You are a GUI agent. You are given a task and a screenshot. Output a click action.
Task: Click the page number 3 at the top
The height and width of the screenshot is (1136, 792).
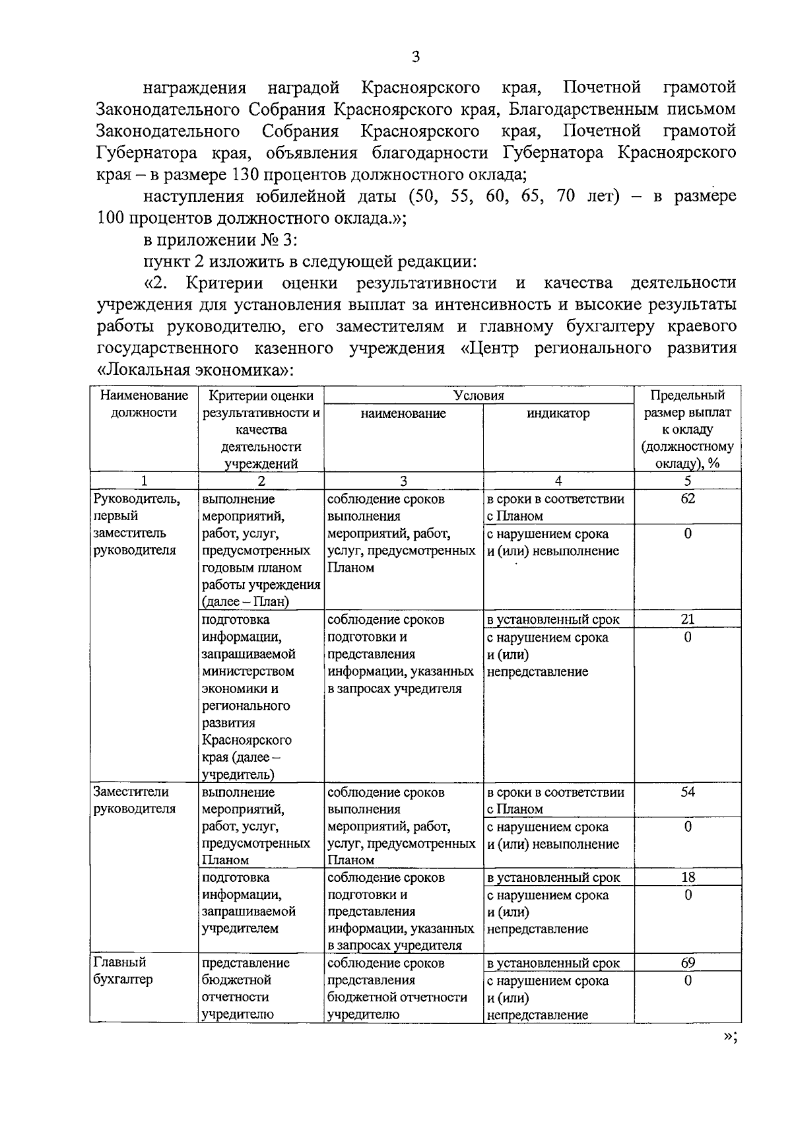coord(415,57)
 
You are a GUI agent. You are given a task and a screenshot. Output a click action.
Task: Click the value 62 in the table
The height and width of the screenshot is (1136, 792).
coord(687,498)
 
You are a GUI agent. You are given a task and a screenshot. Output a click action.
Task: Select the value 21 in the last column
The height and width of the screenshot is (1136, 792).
coord(687,619)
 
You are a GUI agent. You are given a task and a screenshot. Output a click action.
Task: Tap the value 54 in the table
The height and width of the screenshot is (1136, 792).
coord(687,792)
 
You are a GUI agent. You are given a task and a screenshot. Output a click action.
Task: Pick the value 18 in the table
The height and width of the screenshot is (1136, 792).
coord(687,877)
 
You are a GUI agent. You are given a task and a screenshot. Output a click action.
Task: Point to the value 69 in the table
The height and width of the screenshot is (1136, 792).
coord(687,963)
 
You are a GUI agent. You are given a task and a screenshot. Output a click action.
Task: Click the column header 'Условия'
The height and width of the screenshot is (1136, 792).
coord(478,395)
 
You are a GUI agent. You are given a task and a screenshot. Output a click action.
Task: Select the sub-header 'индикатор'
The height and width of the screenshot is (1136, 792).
coord(558,414)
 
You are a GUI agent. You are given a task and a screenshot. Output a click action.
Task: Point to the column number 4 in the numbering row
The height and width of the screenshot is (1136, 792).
coord(558,481)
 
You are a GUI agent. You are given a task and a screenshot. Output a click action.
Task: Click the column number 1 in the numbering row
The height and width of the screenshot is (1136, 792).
coord(144,481)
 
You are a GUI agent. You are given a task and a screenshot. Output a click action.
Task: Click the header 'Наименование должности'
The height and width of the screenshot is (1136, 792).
coord(144,404)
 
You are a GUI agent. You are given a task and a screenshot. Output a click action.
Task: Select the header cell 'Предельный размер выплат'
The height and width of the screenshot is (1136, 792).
coord(687,404)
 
